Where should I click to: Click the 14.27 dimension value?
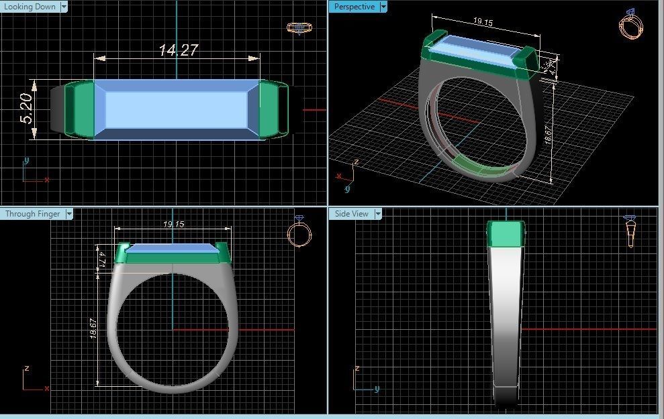pos(178,50)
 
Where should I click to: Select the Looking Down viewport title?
pos(30,7)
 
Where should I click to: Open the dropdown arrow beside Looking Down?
pos(64,7)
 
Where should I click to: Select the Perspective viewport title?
pos(354,7)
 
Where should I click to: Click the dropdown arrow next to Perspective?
pos(383,7)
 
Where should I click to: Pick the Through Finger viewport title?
pos(32,214)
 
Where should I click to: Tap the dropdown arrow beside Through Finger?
pos(69,214)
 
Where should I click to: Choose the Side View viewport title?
pos(352,214)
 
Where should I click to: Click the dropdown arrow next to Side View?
pos(378,214)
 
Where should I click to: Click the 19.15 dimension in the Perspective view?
pos(483,22)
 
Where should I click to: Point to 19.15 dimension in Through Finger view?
pos(173,225)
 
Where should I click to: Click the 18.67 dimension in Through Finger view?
pos(94,328)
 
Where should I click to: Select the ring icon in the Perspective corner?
pos(630,25)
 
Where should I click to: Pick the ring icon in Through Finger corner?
pos(299,233)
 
